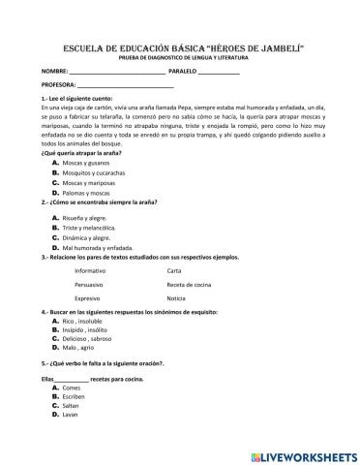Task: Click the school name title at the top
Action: [x=179, y=46]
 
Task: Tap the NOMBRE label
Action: [x=55, y=73]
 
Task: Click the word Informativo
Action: [x=90, y=271]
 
